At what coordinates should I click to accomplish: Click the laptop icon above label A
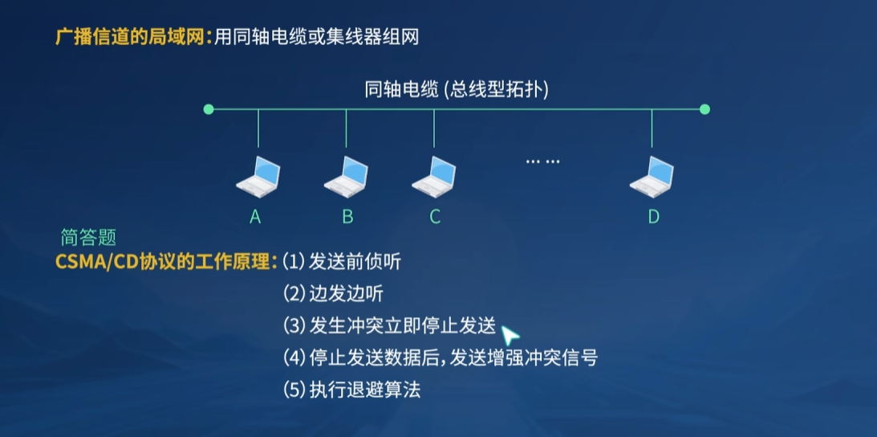[258, 177]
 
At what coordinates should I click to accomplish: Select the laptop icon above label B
[346, 177]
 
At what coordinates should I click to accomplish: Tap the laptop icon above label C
[434, 177]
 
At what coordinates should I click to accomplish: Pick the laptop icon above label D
[652, 177]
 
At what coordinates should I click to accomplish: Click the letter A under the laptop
[256, 216]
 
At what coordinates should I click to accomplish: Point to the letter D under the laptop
[653, 216]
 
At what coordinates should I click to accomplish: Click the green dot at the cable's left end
[209, 109]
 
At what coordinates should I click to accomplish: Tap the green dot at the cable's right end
[704, 109]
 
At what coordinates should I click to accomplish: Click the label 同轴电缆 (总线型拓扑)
[457, 89]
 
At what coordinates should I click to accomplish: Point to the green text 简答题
[88, 237]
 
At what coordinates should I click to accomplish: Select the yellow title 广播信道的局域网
[132, 37]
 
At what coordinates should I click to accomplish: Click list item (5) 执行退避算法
[352, 390]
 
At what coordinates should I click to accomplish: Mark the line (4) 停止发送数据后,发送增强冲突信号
[441, 357]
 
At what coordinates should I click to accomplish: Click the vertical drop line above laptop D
[652, 129]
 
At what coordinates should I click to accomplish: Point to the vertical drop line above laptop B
[346, 129]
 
